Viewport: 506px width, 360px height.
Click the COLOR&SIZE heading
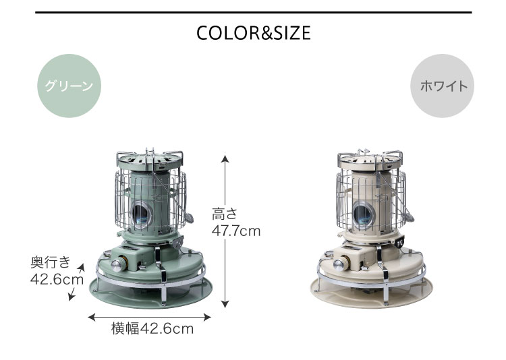coord(253,33)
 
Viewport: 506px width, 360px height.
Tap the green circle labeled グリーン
coord(69,86)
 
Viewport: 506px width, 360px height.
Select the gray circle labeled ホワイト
coord(442,86)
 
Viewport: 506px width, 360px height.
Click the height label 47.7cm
coord(236,231)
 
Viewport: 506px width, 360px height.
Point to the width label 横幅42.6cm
coord(152,329)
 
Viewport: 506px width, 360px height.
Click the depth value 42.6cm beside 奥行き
coord(57,279)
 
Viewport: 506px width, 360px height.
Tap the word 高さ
coord(225,214)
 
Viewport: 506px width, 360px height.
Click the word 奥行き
coord(51,262)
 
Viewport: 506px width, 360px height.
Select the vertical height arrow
coord(225,231)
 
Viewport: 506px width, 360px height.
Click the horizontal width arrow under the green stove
coord(149,317)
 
